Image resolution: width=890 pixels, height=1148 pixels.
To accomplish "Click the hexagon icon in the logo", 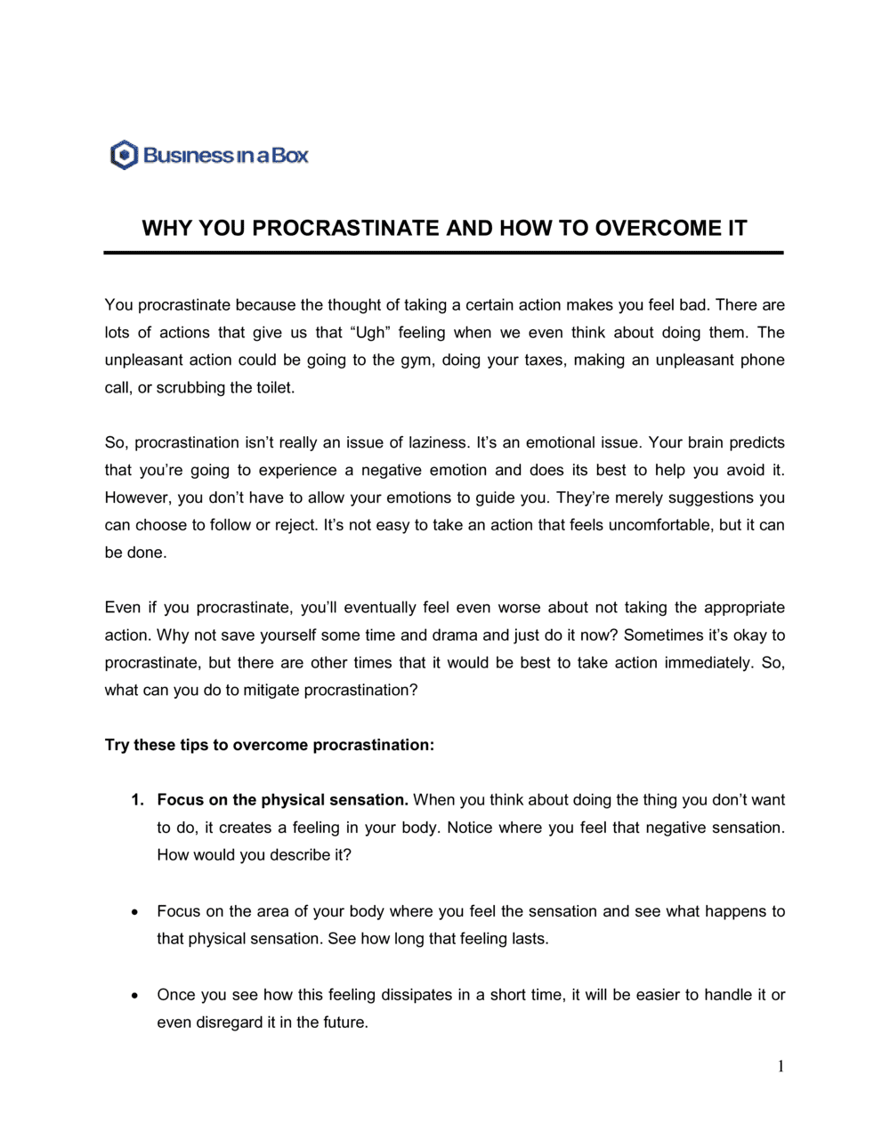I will click(124, 155).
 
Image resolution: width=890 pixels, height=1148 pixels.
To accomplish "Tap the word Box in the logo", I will click(290, 156).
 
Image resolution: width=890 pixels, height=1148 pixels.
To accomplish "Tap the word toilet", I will click(272, 388).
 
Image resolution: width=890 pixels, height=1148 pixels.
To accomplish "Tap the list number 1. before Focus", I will click(137, 801).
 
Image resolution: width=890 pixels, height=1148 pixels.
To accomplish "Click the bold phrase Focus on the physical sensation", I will click(282, 801).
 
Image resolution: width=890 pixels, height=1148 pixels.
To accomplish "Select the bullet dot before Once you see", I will click(133, 996).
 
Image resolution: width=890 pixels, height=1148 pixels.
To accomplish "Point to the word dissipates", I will click(416, 996).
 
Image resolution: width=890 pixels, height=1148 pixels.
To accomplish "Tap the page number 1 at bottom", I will click(781, 1067).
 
